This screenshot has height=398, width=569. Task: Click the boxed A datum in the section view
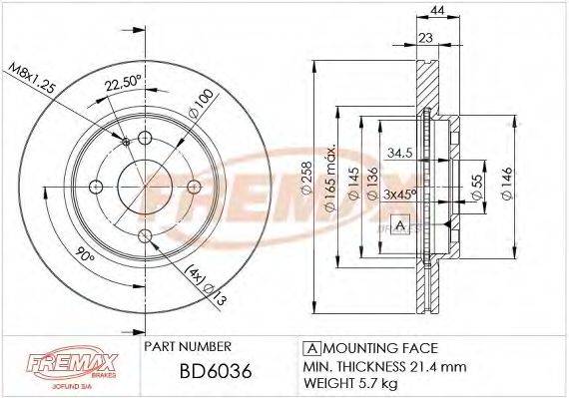point(399,224)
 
